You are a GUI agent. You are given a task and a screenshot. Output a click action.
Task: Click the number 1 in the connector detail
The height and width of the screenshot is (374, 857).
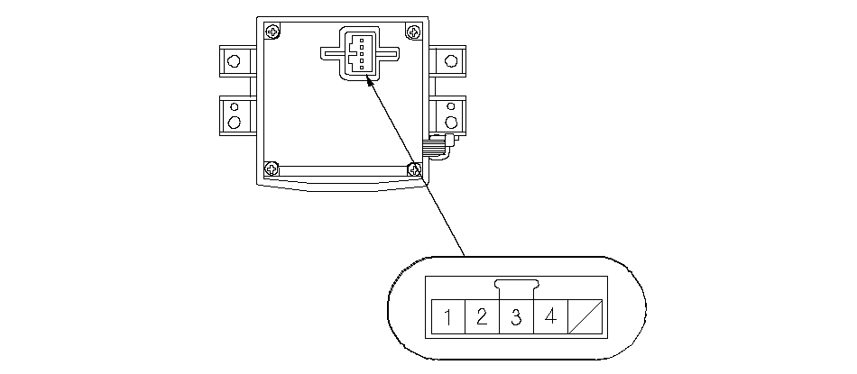pyautogui.click(x=448, y=316)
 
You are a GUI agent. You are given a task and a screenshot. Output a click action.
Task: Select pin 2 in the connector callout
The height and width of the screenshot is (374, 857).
pyautogui.click(x=482, y=316)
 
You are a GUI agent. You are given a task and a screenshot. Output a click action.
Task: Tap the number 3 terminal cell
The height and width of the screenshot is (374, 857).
pyautogui.click(x=516, y=316)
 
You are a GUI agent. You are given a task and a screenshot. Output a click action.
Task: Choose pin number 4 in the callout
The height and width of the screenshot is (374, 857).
pyautogui.click(x=550, y=316)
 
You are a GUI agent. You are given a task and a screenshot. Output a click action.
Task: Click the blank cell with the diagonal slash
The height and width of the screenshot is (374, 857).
pyautogui.click(x=584, y=316)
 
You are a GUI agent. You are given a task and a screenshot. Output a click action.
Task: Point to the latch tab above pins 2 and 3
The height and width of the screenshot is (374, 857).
pyautogui.click(x=516, y=287)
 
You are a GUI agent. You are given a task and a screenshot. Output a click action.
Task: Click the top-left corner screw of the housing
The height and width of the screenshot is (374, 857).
pyautogui.click(x=272, y=32)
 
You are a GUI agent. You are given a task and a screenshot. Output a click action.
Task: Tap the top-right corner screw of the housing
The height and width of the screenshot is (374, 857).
pyautogui.click(x=414, y=32)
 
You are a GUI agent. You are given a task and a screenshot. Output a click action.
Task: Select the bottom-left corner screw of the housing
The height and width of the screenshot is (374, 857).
pyautogui.click(x=272, y=168)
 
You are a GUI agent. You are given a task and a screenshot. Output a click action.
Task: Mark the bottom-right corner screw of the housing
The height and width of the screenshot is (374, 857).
pyautogui.click(x=414, y=168)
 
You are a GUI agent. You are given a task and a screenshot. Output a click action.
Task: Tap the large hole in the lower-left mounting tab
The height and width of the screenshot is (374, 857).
pyautogui.click(x=235, y=122)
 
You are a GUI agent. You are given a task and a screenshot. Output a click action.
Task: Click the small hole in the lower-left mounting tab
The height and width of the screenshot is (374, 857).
pyautogui.click(x=235, y=106)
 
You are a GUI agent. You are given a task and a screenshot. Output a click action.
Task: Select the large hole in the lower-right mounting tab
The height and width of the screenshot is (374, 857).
pyautogui.click(x=450, y=122)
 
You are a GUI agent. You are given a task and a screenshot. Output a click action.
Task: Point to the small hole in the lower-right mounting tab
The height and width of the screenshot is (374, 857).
pyautogui.click(x=450, y=106)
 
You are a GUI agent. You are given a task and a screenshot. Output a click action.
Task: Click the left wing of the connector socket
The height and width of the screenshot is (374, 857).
pyautogui.click(x=330, y=52)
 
